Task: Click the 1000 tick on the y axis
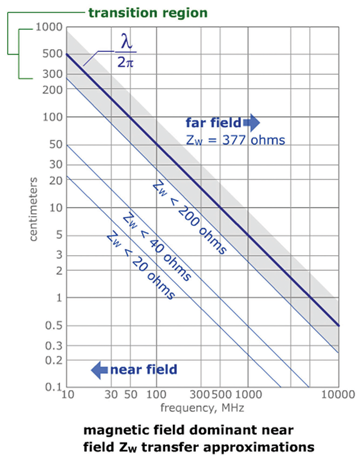[x=48, y=27]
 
